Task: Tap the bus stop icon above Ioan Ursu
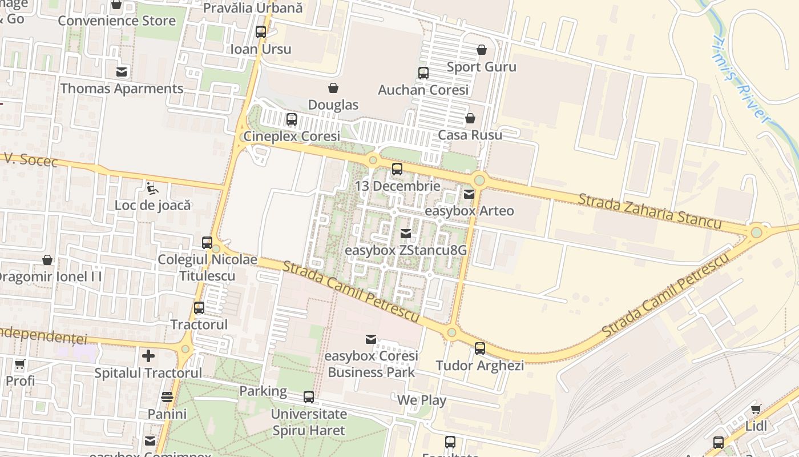(261, 32)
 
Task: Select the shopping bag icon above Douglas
(333, 88)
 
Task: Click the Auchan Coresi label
(423, 90)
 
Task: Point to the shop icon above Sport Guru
(482, 50)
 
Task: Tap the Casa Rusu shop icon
(470, 118)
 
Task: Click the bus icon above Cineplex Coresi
(292, 119)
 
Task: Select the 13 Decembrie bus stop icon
(397, 169)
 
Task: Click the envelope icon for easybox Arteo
(469, 194)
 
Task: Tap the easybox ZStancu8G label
(406, 250)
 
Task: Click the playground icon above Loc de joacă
(152, 188)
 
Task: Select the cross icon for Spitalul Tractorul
(148, 356)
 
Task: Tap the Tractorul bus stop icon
(199, 308)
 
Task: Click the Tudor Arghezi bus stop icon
(480, 348)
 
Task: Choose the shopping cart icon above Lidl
(756, 409)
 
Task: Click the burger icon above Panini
(167, 397)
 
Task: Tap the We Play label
(422, 400)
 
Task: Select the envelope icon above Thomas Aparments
(122, 72)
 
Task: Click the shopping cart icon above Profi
(20, 364)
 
